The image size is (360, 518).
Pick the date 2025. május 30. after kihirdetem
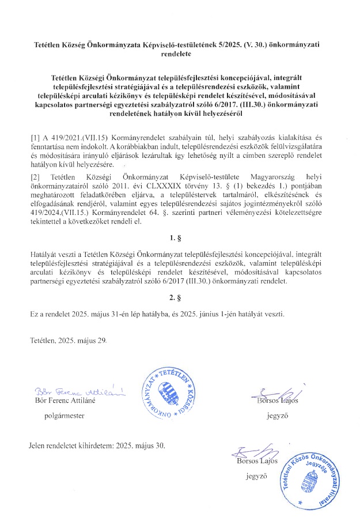(x=139, y=445)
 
